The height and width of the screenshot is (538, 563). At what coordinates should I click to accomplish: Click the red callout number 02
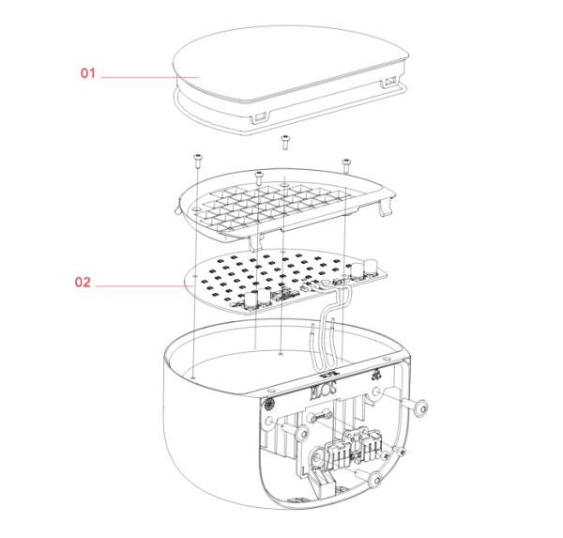[84, 282]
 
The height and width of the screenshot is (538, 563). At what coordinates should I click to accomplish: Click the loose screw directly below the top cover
[284, 142]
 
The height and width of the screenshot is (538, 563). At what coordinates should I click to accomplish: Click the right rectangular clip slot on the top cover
[388, 85]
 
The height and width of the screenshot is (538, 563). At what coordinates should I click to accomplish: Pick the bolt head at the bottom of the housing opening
[375, 483]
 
